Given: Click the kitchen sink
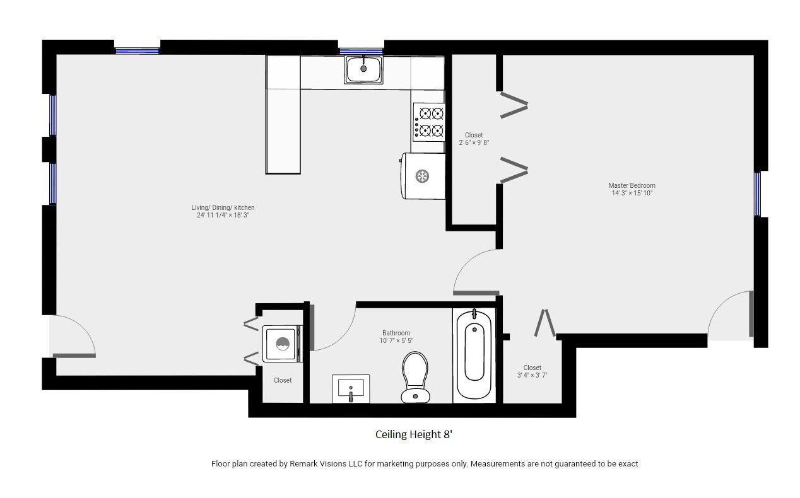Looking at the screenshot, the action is click(363, 69).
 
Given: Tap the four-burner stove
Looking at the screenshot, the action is click(429, 122).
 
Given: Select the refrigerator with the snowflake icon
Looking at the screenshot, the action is click(423, 176).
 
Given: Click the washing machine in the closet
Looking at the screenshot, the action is click(282, 344).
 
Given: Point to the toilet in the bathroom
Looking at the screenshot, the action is click(415, 378).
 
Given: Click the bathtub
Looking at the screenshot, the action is click(474, 354).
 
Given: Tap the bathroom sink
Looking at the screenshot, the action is click(351, 389).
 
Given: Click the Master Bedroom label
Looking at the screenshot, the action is click(632, 185).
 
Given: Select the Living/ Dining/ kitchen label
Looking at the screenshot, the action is click(223, 207).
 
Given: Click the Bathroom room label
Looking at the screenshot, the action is click(396, 333).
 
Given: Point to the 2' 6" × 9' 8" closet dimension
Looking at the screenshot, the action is click(474, 142).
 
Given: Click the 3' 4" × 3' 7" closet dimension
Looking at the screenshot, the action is click(532, 375).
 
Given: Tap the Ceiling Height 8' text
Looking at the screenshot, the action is click(414, 434).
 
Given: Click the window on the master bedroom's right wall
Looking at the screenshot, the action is click(758, 194).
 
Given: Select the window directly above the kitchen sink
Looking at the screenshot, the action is click(361, 51).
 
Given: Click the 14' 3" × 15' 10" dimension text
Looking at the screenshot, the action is click(632, 193).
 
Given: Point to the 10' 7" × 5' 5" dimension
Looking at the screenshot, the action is click(396, 340).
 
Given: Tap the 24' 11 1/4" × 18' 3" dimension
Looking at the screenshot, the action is click(223, 215).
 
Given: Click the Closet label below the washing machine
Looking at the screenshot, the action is click(283, 380).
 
